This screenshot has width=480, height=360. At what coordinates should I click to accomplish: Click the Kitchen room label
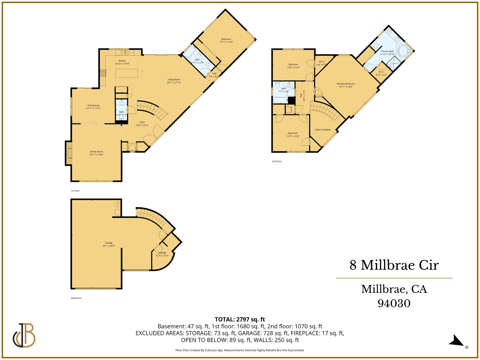coord(122,61)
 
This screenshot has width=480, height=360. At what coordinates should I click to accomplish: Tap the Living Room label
coord(174,80)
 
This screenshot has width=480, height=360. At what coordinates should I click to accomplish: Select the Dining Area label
coord(93,106)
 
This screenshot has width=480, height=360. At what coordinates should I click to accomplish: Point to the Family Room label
coord(96,152)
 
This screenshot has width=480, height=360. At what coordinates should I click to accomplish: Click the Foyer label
coord(142,122)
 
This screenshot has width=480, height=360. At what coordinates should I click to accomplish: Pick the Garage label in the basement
coord(109,243)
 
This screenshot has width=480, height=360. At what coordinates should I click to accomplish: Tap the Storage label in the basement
coord(162,253)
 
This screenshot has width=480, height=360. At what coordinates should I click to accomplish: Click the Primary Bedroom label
coord(346,84)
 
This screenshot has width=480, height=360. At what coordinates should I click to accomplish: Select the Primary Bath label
coord(387,52)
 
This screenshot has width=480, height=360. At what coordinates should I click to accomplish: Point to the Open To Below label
coord(323,130)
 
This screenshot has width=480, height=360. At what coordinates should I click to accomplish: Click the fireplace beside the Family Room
coord(69,153)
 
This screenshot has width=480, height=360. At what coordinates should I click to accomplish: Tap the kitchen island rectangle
coord(127,73)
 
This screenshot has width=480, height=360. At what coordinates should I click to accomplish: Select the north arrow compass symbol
coord(457,341)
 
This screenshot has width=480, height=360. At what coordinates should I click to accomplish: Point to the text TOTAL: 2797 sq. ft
coord(240,319)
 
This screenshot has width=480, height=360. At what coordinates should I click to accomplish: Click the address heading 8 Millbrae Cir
coord(394,265)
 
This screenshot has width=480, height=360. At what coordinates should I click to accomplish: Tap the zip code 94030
coord(394,303)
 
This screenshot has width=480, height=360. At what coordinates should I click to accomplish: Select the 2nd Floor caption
coord(277,161)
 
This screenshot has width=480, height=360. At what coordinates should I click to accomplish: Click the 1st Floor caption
coord(75,191)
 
